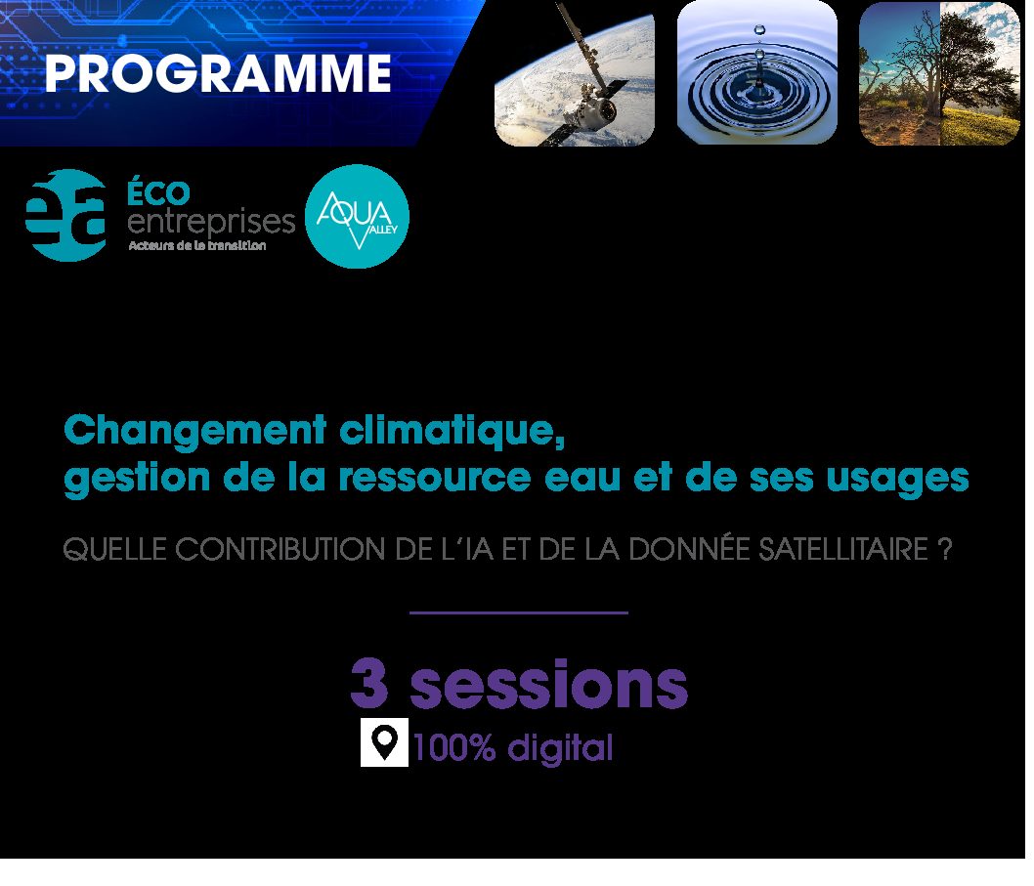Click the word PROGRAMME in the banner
coord(218,73)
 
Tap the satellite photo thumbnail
coord(575,73)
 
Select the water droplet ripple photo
coord(757,72)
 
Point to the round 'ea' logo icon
coord(65,216)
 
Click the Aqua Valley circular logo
coord(357,216)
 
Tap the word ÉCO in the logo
coord(158,193)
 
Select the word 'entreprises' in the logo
coord(211,223)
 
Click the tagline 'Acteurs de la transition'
coord(197,246)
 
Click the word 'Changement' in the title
coord(195,432)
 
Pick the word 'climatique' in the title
coord(452,432)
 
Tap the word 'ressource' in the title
coord(435,477)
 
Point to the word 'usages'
coord(897,479)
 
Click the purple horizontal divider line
coord(518,613)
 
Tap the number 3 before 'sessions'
coord(369,684)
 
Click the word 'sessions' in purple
coord(548,684)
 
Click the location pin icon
coord(384,742)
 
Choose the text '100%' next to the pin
coord(453,747)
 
